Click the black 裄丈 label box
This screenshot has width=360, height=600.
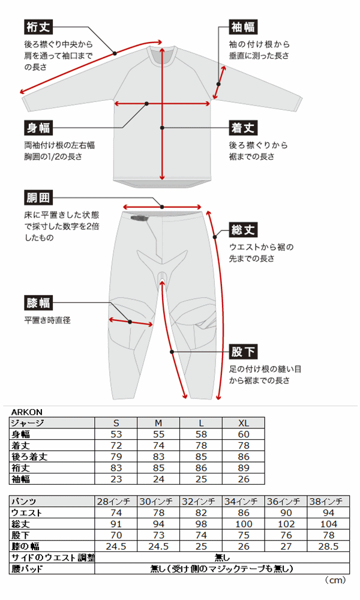coord(38,27)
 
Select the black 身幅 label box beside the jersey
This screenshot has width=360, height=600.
coord(38,128)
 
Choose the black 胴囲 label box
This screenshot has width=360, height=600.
coord(38,198)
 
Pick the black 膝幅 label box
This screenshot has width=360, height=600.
coord(38,303)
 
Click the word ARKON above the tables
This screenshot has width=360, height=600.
coord(27,412)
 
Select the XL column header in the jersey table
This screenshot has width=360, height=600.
coord(244,423)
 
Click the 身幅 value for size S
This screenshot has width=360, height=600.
coord(116,434)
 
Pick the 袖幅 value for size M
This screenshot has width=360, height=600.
coord(158,479)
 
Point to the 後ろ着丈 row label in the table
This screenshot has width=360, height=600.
coord(29,457)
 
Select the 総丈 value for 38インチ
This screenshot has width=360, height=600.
coord(329,524)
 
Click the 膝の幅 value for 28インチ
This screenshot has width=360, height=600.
coord(116,547)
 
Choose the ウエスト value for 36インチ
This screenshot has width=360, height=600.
coord(286,513)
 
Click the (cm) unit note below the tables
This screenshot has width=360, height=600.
coord(335,580)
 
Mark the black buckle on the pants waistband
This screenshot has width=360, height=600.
coord(139,218)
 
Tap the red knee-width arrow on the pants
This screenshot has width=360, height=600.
coord(131,322)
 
